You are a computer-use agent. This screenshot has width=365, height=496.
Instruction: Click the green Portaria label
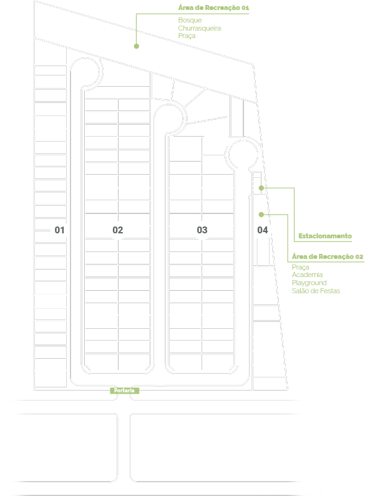(x=124, y=391)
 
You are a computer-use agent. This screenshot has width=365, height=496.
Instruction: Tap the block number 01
(x=59, y=230)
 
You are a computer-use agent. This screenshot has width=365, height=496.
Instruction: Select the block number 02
(x=118, y=230)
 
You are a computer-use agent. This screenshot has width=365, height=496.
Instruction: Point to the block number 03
(x=202, y=230)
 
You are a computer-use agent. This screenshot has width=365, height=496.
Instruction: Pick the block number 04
(x=263, y=230)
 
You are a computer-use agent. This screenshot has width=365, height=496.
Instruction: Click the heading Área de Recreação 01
(x=213, y=7)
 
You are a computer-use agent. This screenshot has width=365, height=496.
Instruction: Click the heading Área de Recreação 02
(x=328, y=256)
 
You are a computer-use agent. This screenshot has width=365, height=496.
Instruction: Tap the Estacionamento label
(x=325, y=236)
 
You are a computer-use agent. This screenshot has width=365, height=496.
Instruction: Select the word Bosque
(x=190, y=20)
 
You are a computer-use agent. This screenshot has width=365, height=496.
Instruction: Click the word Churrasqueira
(x=199, y=28)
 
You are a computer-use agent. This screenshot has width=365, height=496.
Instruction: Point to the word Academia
(x=307, y=275)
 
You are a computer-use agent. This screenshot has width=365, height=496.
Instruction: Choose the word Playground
(x=309, y=283)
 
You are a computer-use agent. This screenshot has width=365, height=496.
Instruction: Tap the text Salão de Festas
(x=316, y=291)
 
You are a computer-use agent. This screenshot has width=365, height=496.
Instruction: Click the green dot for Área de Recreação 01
(x=136, y=46)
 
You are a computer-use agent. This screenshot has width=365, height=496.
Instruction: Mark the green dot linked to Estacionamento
(x=261, y=188)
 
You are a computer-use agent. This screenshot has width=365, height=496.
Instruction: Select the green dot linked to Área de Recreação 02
(x=261, y=215)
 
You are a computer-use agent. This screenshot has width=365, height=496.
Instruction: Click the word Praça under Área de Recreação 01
(x=187, y=36)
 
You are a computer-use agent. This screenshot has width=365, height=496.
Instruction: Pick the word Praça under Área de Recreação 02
(x=301, y=267)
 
